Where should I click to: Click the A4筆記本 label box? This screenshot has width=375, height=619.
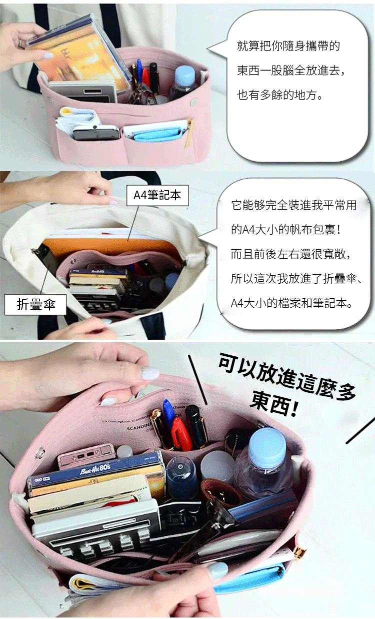click(x=157, y=195)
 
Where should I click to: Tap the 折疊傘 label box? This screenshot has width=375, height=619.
click(x=35, y=305)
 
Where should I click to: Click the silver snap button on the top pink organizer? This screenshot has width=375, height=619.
click(x=194, y=101)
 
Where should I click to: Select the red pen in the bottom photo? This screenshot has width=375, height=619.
click(x=181, y=434)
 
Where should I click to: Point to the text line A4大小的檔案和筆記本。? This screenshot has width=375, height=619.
click(x=291, y=303)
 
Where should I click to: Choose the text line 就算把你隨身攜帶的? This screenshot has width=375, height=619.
click(x=288, y=46)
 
